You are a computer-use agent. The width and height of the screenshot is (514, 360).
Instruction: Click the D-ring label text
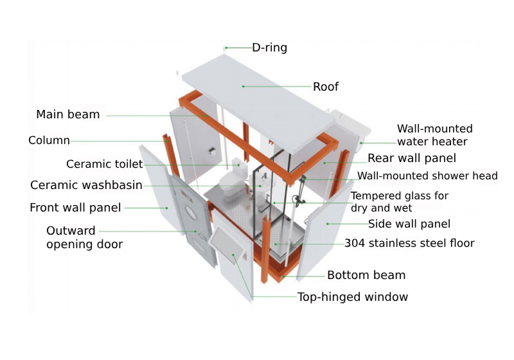269,48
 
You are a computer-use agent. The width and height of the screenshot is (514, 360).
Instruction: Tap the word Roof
325,87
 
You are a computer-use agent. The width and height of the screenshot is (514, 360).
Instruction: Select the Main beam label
68,114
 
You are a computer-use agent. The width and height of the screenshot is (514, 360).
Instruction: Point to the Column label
49,140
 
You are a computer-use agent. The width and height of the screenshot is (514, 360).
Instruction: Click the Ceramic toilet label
105,165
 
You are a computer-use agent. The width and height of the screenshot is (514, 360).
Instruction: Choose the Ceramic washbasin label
86,185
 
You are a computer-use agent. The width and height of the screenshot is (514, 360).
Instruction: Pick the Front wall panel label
75,208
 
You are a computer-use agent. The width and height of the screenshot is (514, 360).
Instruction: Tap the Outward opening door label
84,237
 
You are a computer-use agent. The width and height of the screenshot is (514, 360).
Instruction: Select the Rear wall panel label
411,158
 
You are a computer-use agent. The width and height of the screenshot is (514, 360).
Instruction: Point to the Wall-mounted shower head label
427,175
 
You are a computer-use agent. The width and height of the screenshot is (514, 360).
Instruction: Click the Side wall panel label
409,224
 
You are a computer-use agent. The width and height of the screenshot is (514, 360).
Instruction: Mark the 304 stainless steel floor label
409,243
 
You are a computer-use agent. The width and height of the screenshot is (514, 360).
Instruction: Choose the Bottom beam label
366,275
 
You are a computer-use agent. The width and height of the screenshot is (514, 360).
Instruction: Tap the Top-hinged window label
352,296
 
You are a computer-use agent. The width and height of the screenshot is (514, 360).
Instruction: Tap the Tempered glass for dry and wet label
399,202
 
